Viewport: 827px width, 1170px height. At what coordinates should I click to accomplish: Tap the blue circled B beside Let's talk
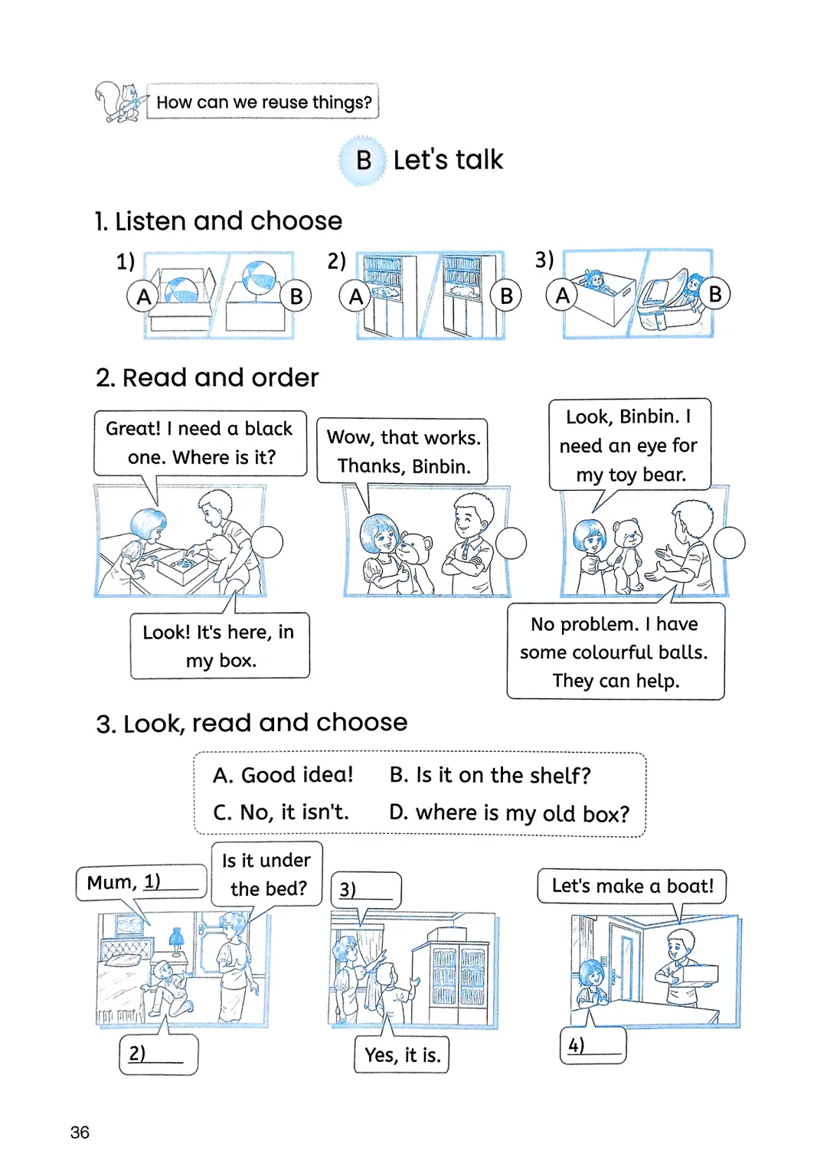point(364,161)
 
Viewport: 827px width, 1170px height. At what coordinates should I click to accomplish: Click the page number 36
point(80,1132)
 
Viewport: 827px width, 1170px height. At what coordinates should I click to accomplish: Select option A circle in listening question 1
point(143,296)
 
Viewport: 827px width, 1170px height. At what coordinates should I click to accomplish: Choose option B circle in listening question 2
point(506,296)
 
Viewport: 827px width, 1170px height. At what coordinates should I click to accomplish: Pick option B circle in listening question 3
point(714,294)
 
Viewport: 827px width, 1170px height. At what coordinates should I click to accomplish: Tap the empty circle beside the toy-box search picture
point(267,542)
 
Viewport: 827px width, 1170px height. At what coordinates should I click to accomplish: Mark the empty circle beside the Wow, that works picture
point(511,544)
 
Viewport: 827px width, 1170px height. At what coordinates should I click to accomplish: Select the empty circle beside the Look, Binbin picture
point(729,543)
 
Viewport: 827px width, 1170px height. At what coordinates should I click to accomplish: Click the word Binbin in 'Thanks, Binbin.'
point(440,466)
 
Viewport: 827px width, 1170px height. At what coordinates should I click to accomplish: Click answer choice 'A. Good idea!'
point(283,775)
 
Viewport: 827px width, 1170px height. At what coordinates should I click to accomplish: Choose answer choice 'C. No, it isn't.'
point(281,812)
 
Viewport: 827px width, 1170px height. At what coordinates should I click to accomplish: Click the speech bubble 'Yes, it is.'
point(402,1055)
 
